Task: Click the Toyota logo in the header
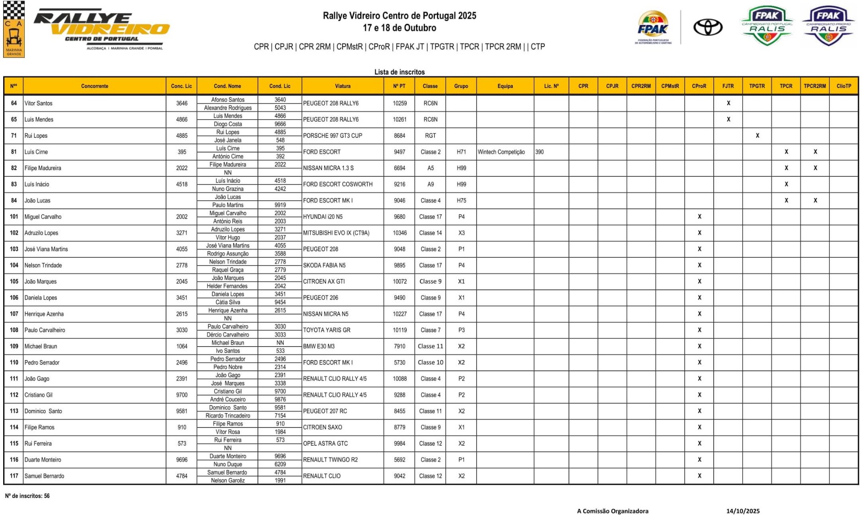point(708,27)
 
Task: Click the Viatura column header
point(343,86)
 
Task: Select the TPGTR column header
point(757,86)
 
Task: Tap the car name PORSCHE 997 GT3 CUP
point(332,136)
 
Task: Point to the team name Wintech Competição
point(501,152)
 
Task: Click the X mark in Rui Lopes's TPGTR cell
point(757,136)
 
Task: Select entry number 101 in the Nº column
point(14,216)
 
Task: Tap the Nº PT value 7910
point(399,346)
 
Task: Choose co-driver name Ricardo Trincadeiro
point(228,415)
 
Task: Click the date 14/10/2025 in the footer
point(743,511)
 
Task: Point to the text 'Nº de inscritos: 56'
point(27,496)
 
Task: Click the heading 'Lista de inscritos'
point(399,72)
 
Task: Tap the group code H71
point(461,152)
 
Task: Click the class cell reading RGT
point(430,136)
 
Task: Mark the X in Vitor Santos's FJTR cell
point(728,103)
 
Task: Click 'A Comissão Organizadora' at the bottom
point(612,511)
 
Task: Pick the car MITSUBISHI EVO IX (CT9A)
point(336,233)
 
